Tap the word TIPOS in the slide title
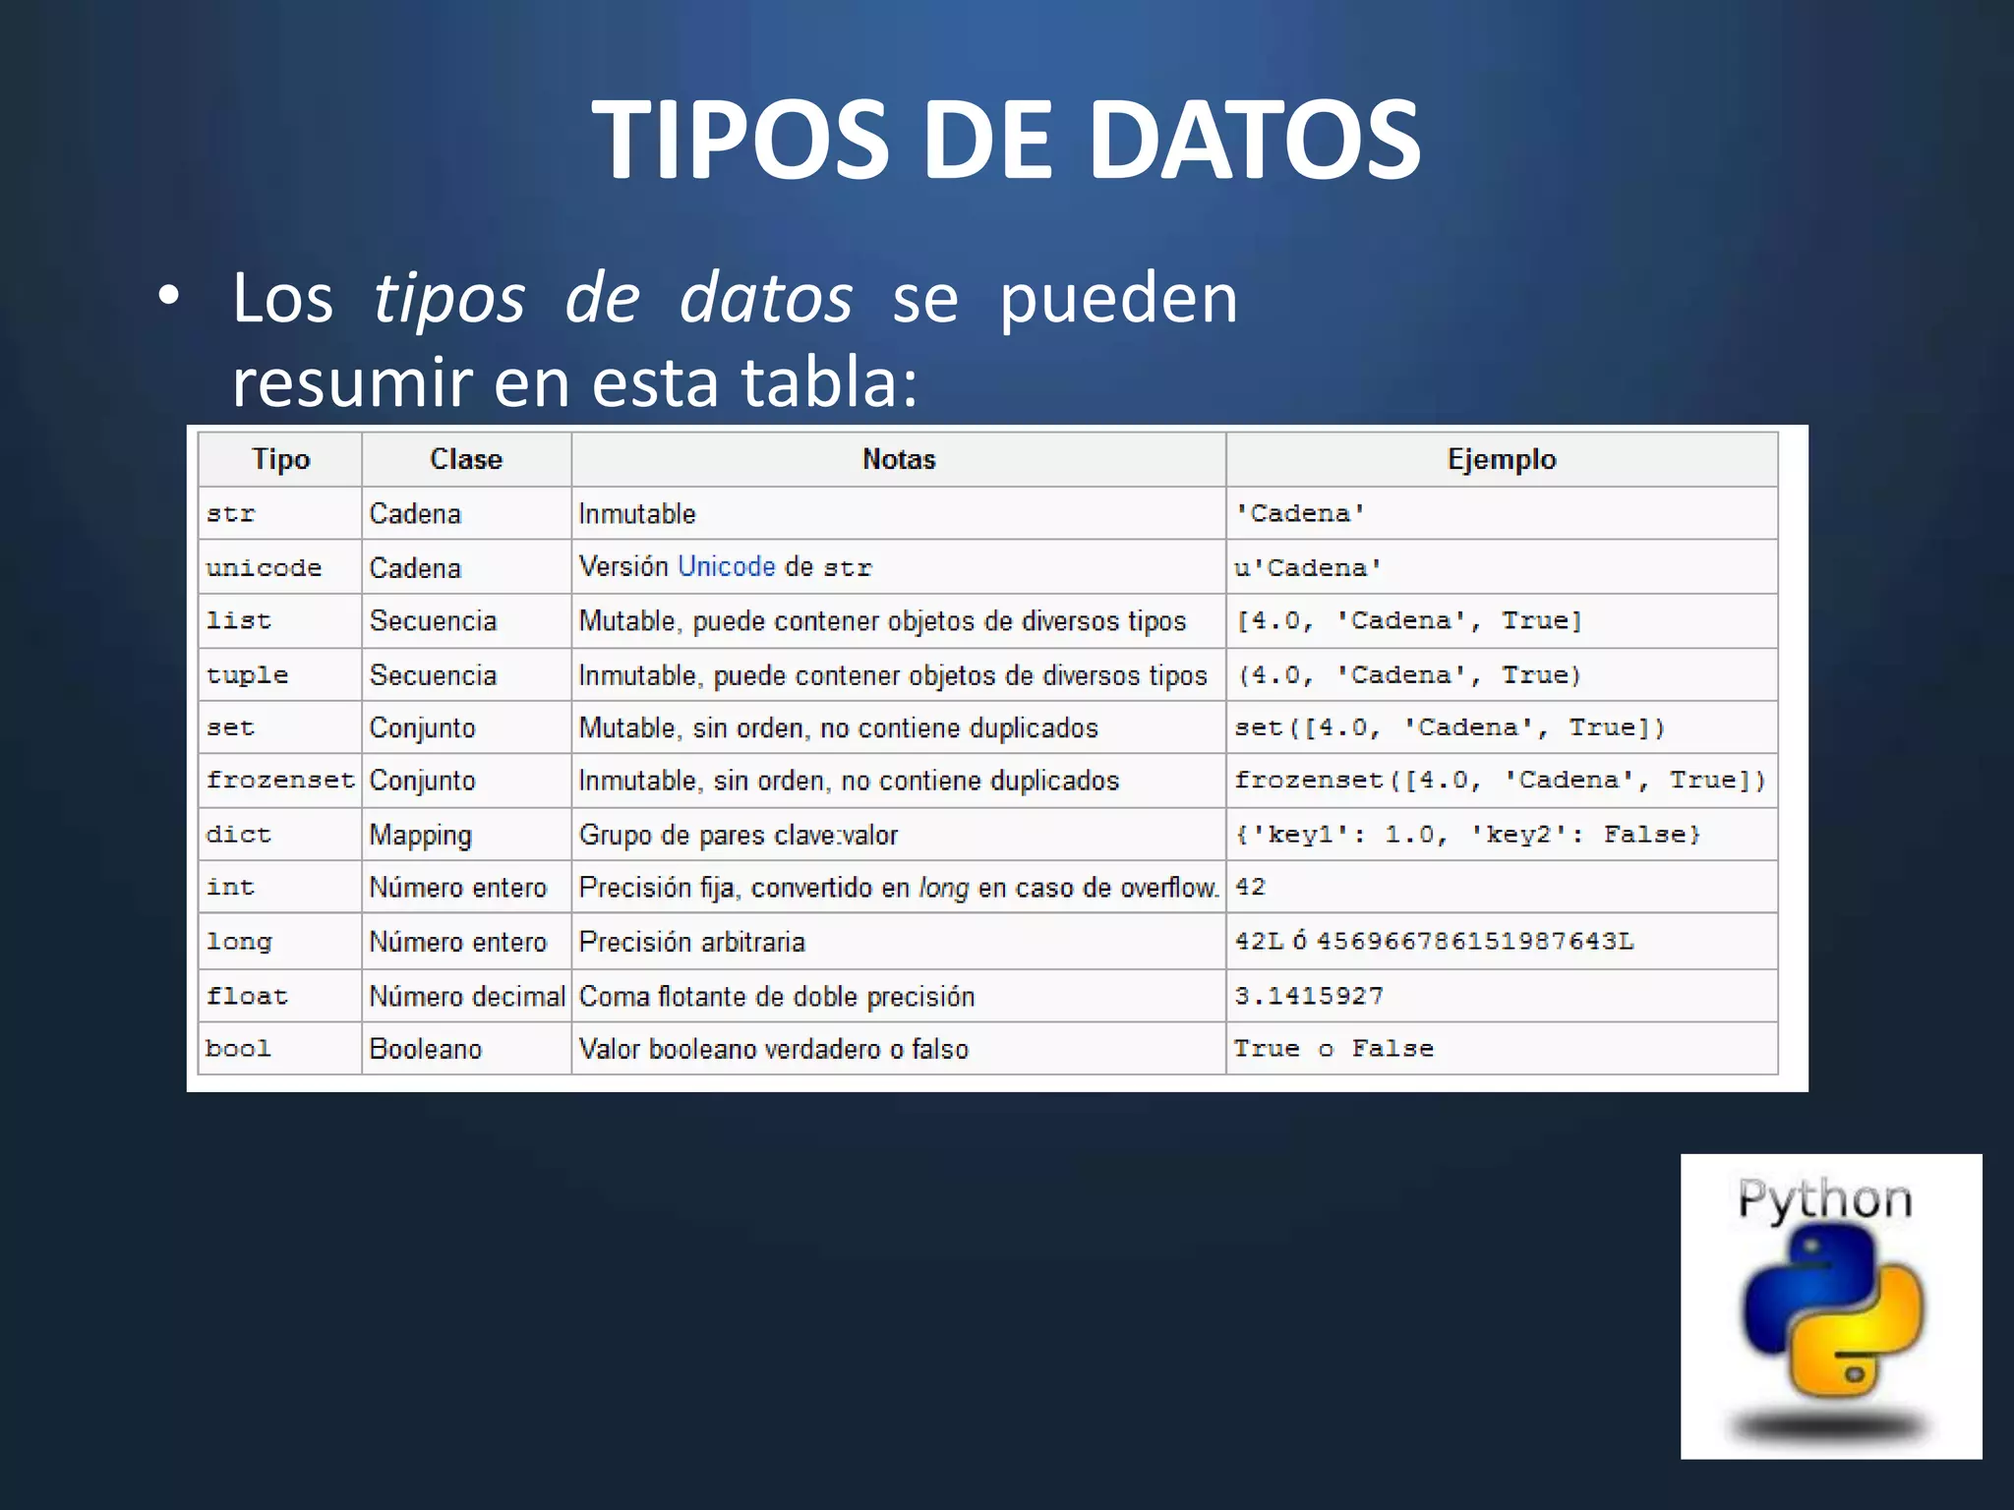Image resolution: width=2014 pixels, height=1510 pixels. [740, 140]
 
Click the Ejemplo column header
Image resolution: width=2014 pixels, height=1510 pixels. [1501, 459]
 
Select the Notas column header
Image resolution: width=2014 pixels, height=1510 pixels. [898, 459]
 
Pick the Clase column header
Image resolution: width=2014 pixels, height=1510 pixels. [465, 459]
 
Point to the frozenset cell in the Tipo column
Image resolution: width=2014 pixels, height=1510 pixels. [279, 781]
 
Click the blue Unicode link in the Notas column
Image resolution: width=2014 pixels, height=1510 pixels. [727, 566]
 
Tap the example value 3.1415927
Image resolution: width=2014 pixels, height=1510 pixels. [1308, 996]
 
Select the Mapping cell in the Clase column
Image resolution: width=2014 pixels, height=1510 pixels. [420, 835]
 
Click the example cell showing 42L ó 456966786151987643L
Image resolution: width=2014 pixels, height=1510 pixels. [1434, 942]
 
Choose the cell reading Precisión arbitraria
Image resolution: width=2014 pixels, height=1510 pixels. [691, 942]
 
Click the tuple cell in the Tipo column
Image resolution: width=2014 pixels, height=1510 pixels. [247, 675]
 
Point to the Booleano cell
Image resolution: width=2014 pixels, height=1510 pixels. [425, 1049]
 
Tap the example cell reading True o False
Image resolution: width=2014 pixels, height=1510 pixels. [1333, 1049]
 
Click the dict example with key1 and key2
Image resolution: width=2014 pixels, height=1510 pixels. [1467, 835]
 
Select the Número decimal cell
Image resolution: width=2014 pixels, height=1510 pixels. [467, 996]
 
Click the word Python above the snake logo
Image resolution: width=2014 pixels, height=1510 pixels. [1824, 1199]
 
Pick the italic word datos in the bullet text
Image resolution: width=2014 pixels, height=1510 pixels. [766, 298]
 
